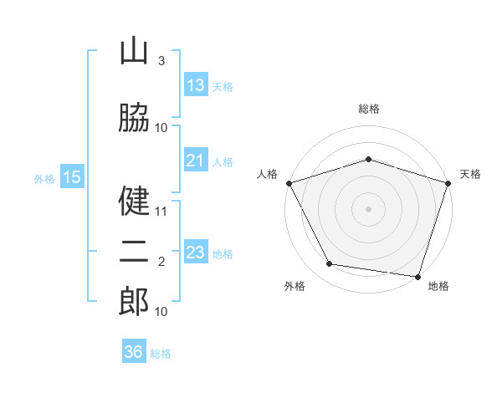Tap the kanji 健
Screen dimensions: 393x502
pos(134,201)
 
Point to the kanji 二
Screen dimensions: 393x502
pos(134,253)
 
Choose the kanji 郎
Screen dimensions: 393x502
pos(134,302)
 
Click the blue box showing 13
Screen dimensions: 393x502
pos(196,85)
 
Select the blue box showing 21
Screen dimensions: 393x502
pos(196,161)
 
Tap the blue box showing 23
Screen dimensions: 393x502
pos(196,253)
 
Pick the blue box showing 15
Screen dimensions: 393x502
pos(72,176)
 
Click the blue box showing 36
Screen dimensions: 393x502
pos(134,352)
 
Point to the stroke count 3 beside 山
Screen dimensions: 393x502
pos(161,61)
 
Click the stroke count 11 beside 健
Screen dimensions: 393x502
pos(161,212)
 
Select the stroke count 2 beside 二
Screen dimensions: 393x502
pos(161,263)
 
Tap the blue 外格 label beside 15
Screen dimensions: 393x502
pos(44,178)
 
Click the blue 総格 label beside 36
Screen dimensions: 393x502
pos(161,354)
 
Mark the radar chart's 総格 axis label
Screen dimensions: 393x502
pos(368,109)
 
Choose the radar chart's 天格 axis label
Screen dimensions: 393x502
pos(470,174)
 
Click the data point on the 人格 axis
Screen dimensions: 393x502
pos(289,183)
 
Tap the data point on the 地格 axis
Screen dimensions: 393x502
pos(417,276)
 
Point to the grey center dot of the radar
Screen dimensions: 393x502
pos(368,209)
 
